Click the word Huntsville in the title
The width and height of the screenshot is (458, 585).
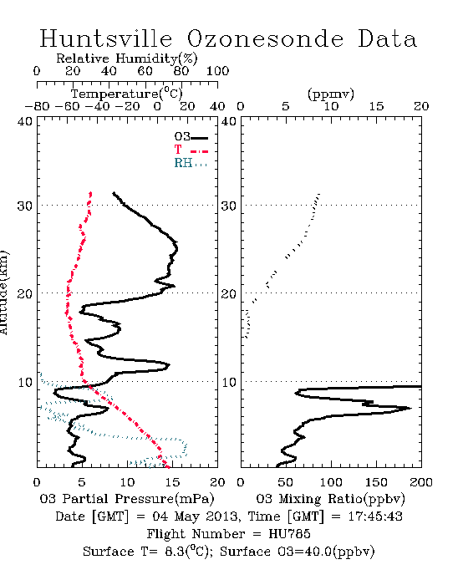[106, 38]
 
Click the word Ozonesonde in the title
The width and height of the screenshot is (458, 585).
[265, 38]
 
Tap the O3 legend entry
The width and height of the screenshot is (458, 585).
[191, 137]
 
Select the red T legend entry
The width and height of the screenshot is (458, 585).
[191, 150]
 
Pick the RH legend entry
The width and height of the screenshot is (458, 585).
[191, 163]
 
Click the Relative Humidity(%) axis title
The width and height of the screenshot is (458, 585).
[127, 58]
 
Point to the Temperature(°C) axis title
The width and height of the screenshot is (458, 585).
[127, 94]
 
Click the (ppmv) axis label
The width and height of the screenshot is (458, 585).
[331, 94]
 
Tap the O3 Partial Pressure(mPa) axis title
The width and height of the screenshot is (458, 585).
[127, 499]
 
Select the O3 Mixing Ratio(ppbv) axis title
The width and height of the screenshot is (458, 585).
[330, 499]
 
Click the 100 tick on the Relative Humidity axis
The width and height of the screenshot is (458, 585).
[218, 71]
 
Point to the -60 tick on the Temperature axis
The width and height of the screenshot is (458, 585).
[67, 106]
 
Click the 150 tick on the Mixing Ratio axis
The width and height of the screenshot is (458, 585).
[376, 482]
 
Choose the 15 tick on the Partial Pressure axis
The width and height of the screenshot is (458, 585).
[172, 482]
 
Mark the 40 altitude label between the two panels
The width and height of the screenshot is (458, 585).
[229, 121]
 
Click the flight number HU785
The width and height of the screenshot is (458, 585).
[289, 534]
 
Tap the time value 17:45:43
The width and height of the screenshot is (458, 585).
[375, 516]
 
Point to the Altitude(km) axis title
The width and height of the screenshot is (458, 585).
[3, 293]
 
